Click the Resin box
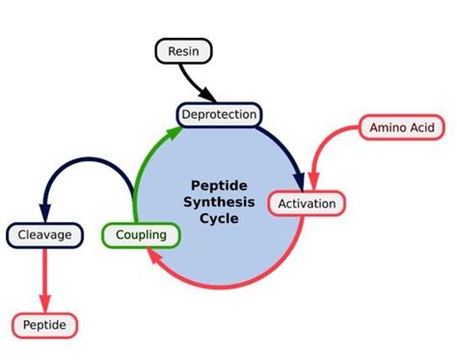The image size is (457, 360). [183, 51]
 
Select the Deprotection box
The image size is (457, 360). [219, 115]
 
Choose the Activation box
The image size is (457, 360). [307, 204]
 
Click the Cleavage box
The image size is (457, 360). [44, 235]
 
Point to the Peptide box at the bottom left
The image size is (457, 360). [44, 325]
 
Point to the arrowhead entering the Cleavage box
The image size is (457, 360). [44, 214]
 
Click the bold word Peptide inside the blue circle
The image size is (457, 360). [221, 181]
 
